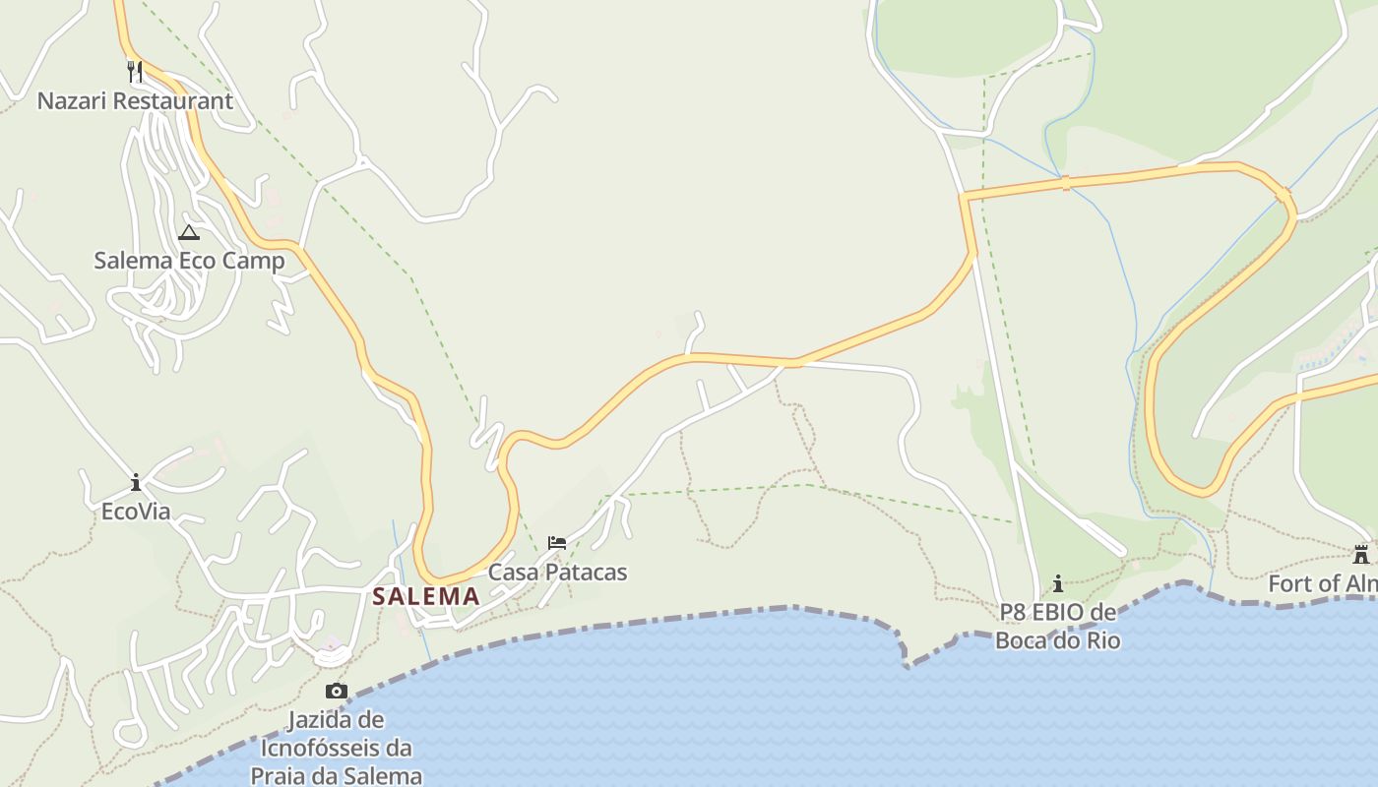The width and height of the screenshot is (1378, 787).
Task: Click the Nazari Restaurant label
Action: pyautogui.click(x=135, y=100)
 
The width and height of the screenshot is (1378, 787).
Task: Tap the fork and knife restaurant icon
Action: pyautogui.click(x=135, y=71)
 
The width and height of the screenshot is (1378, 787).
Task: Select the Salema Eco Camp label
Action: pyautogui.click(x=189, y=261)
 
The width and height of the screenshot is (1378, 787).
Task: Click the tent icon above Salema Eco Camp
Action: pyautogui.click(x=188, y=233)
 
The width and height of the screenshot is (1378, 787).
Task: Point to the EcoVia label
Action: pyautogui.click(x=136, y=512)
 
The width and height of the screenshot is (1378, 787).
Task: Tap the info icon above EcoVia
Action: pyautogui.click(x=136, y=483)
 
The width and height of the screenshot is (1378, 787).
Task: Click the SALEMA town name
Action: pyautogui.click(x=426, y=596)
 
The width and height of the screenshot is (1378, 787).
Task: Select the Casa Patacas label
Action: pyautogui.click(x=557, y=572)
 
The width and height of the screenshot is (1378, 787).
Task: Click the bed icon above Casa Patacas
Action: pyautogui.click(x=557, y=543)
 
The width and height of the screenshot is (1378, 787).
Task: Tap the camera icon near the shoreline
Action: pyautogui.click(x=337, y=691)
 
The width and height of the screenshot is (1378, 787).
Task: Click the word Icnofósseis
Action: pyautogui.click(x=336, y=748)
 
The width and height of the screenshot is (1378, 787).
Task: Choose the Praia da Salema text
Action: pyautogui.click(x=336, y=775)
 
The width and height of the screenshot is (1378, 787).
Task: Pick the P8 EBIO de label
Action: pyautogui.click(x=1058, y=613)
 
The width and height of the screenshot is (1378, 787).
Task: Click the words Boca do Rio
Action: pyautogui.click(x=1058, y=640)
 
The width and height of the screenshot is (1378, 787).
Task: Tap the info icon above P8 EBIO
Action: pyautogui.click(x=1058, y=583)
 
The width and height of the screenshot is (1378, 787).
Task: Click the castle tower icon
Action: pyautogui.click(x=1361, y=554)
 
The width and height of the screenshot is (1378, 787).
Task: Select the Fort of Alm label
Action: pyautogui.click(x=1322, y=583)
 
